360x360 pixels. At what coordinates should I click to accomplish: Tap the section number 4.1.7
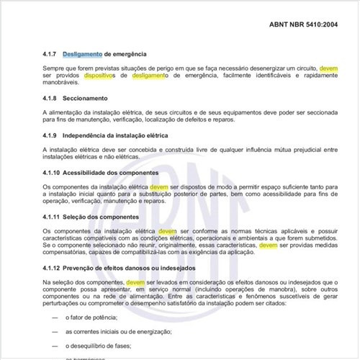(51, 54)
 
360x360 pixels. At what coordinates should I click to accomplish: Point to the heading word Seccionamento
(85, 98)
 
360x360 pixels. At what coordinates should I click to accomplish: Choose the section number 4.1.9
(51, 135)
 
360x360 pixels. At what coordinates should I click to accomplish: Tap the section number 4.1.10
(53, 173)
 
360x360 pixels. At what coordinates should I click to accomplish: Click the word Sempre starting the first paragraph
(55, 68)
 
